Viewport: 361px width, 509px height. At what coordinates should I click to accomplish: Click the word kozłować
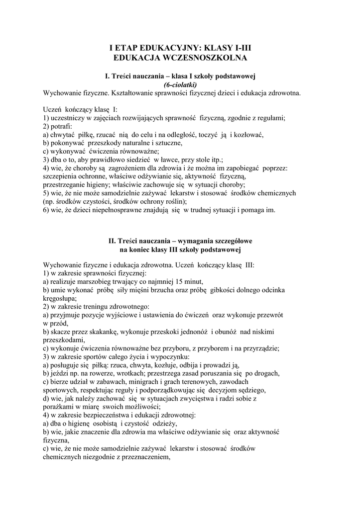tap(247, 135)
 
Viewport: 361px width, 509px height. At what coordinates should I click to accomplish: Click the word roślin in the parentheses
tap(174, 201)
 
